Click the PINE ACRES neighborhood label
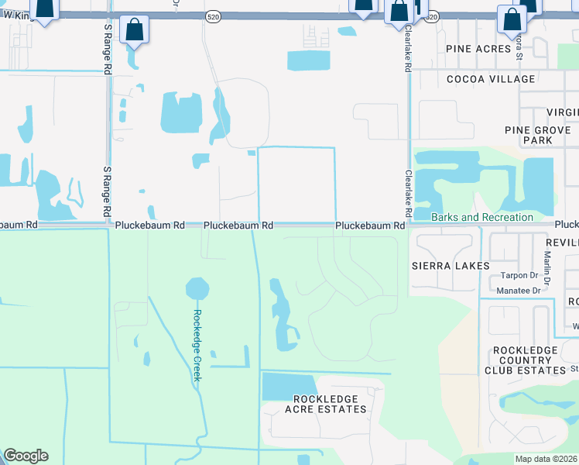[x=478, y=48]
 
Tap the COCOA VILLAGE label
[x=490, y=79]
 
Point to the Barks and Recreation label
[x=482, y=217]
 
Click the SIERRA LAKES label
[x=452, y=266]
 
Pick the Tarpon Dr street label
[x=519, y=275]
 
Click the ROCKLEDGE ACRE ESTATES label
[x=325, y=404]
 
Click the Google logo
[x=26, y=456]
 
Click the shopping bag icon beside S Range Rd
[x=135, y=31]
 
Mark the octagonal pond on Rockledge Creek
[x=197, y=289]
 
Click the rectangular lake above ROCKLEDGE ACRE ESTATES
[x=289, y=385]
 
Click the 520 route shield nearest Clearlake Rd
[x=433, y=16]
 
